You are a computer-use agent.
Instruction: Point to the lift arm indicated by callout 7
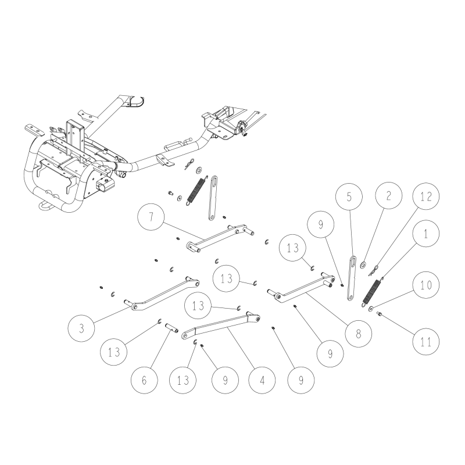(x=221, y=238)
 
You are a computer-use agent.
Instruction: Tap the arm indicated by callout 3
(x=163, y=294)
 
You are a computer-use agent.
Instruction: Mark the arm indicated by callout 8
(x=302, y=288)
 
